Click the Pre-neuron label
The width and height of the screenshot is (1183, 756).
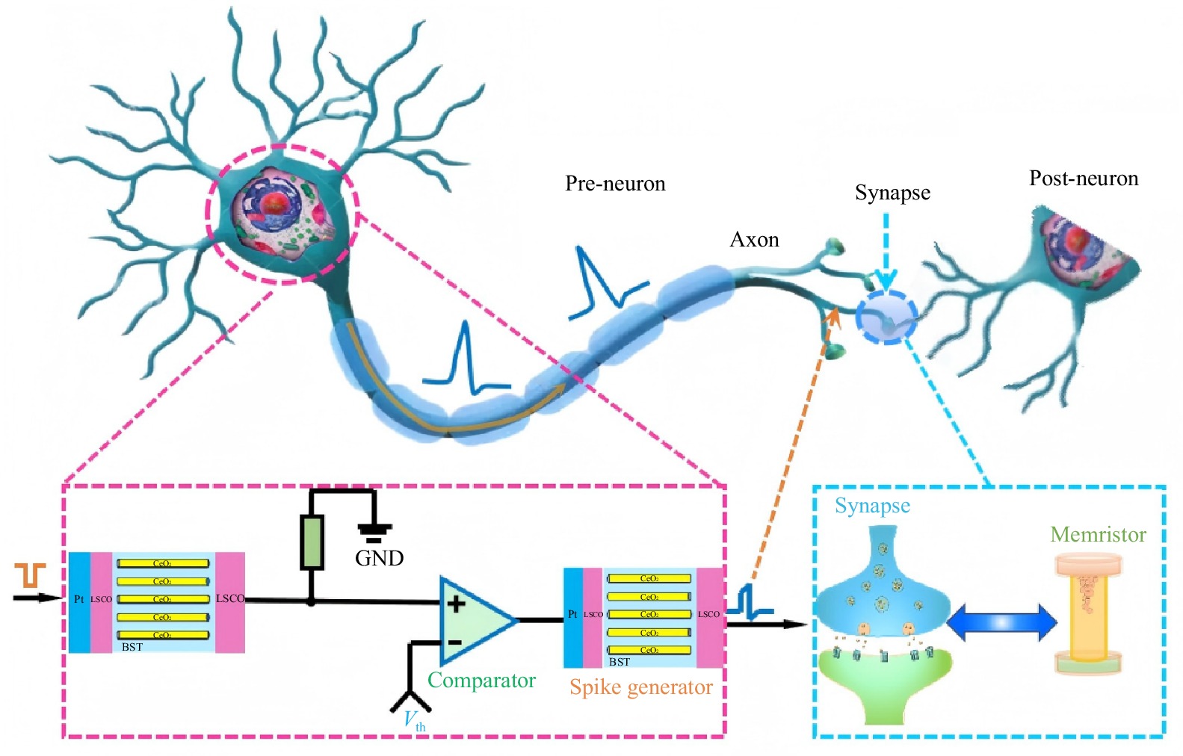615,184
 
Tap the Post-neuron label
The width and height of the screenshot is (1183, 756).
1084,179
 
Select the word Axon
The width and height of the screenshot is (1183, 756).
754,240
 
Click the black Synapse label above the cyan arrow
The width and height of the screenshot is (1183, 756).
892,193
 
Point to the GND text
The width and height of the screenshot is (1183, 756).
379,558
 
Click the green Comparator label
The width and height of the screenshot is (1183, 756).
481,681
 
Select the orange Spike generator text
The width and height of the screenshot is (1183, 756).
640,687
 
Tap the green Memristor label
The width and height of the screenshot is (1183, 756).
1098,535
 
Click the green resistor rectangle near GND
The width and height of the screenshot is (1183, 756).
311,542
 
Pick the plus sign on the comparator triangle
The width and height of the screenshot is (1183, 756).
456,603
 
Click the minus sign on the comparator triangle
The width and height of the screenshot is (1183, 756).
454,642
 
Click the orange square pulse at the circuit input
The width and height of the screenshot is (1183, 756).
31,575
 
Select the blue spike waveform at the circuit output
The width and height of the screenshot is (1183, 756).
750,602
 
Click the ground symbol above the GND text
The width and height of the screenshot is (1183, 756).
374,533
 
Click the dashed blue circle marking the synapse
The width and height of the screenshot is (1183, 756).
886,317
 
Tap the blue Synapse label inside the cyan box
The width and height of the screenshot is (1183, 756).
872,506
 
